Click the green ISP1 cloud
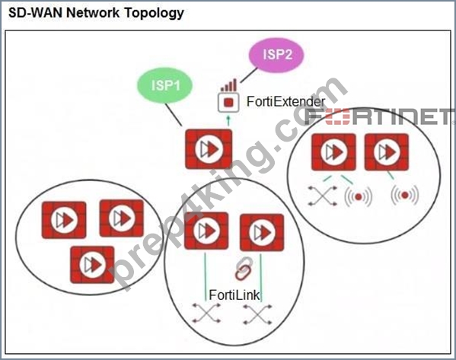[x=165, y=85]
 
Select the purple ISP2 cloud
[x=276, y=55]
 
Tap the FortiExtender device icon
[x=228, y=102]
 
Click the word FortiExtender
[x=286, y=102]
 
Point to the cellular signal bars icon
[x=228, y=85]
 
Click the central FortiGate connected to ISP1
[x=209, y=149]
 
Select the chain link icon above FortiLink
[x=243, y=268]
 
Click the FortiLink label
[x=234, y=295]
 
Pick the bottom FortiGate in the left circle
[x=92, y=265]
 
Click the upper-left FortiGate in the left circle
[x=64, y=220]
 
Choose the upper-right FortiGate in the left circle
[x=122, y=218]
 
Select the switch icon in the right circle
[x=323, y=196]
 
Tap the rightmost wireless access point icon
[x=405, y=195]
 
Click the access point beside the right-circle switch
[x=359, y=197]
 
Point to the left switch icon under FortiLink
[x=206, y=313]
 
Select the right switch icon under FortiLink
[x=257, y=314]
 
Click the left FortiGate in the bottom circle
[x=206, y=231]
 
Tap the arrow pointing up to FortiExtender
[x=228, y=121]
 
